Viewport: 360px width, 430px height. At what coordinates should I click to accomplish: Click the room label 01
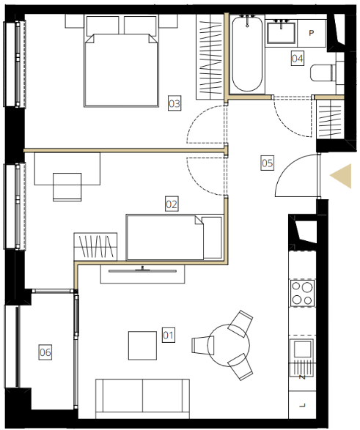[169, 335]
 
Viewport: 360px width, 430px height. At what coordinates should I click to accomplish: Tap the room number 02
[172, 204]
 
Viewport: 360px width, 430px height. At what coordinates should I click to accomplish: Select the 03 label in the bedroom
[175, 103]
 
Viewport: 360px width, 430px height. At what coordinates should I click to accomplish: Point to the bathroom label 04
[298, 58]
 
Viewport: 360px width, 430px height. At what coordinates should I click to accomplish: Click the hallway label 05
[268, 163]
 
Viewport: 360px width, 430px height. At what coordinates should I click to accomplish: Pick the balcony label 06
[45, 352]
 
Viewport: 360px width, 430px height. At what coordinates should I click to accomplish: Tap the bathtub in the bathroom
[247, 54]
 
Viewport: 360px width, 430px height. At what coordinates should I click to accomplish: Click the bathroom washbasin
[282, 31]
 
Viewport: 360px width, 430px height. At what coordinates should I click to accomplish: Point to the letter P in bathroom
[311, 33]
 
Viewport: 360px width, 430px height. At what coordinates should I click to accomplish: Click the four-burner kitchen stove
[302, 293]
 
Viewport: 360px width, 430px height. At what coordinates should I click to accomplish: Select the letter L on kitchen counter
[303, 405]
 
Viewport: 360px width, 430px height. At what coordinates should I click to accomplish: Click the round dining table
[229, 346]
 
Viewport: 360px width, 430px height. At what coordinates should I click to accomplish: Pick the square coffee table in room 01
[142, 346]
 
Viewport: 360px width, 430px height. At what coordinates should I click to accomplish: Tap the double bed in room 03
[121, 61]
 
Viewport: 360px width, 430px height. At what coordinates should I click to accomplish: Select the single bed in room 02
[175, 237]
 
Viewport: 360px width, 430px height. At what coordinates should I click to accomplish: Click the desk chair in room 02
[67, 187]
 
